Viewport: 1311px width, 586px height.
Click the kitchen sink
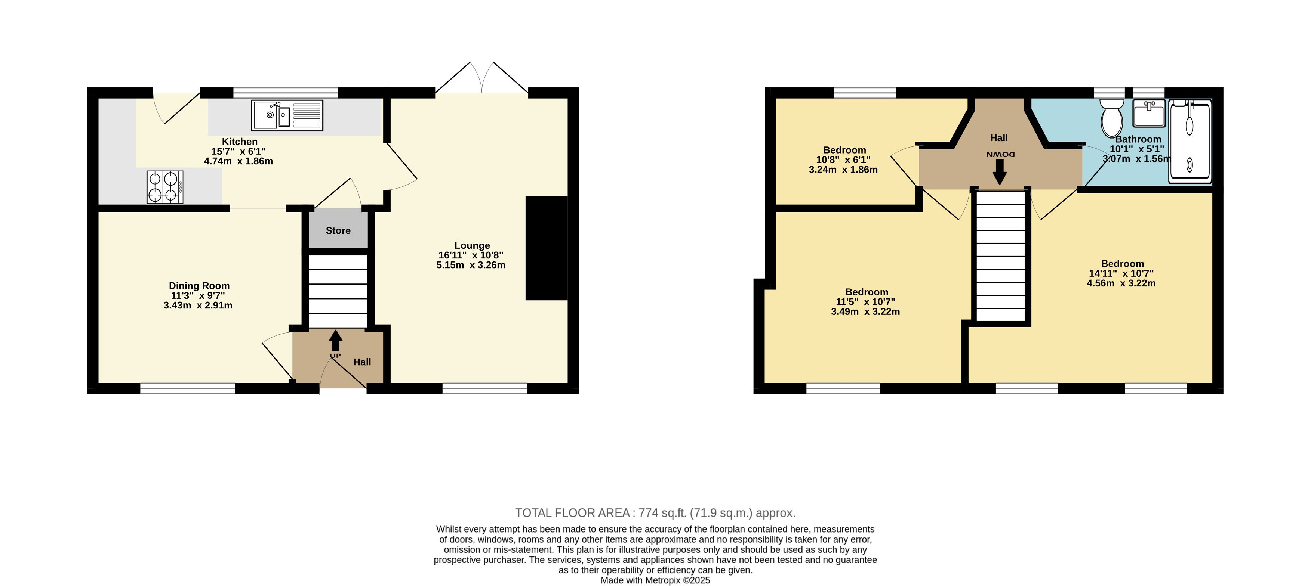pyautogui.click(x=287, y=115)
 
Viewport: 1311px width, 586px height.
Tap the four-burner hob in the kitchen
pyautogui.click(x=165, y=187)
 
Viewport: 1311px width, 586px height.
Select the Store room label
pyautogui.click(x=338, y=231)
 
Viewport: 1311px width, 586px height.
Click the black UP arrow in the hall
pyautogui.click(x=335, y=341)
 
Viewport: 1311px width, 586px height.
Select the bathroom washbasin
pyautogui.click(x=1149, y=113)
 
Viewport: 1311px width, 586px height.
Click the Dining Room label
pyautogui.click(x=199, y=286)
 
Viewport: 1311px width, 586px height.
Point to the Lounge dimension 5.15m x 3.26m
pyautogui.click(x=471, y=265)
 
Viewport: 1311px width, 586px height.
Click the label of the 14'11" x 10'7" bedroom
pyautogui.click(x=1122, y=264)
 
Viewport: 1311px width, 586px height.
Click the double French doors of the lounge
pyautogui.click(x=481, y=78)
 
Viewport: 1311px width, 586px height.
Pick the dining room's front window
pyautogui.click(x=188, y=389)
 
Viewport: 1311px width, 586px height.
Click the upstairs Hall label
pyautogui.click(x=999, y=138)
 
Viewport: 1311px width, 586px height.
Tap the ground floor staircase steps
pyautogui.click(x=338, y=291)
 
